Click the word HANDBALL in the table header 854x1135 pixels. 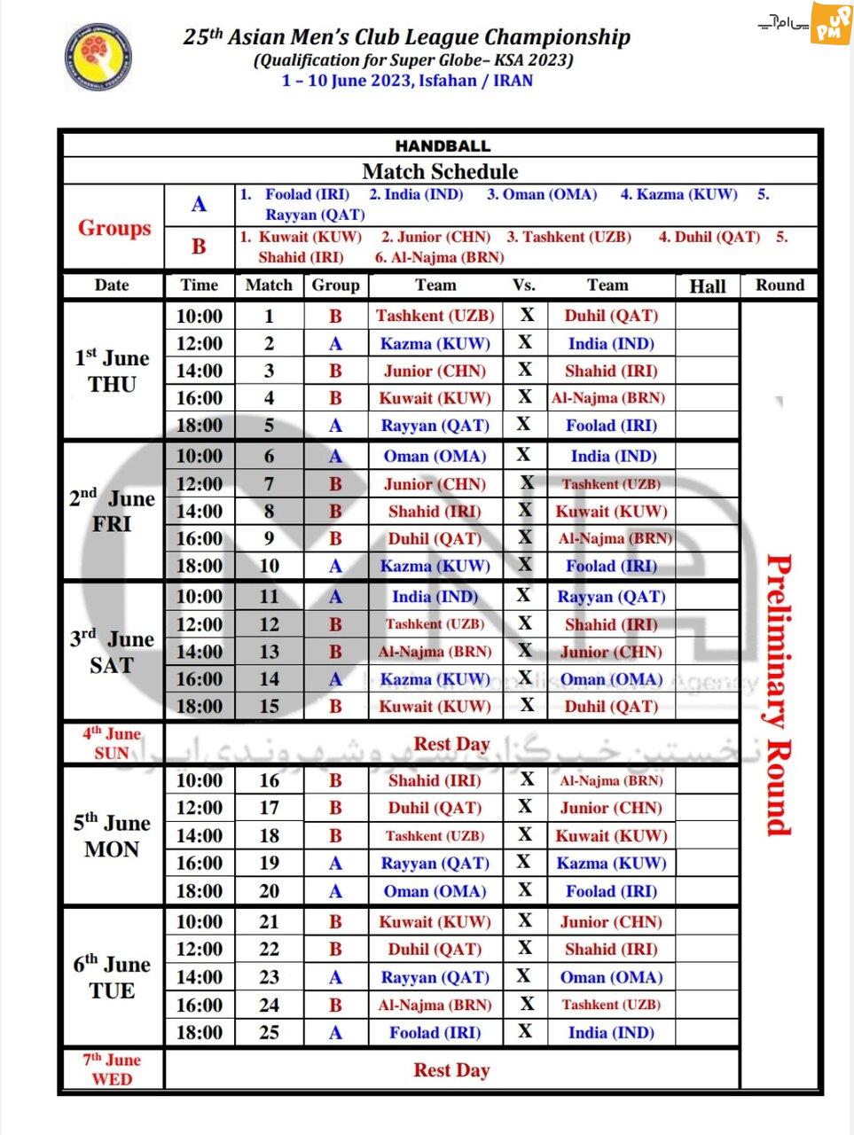[x=443, y=146]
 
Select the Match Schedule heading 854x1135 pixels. [x=440, y=171]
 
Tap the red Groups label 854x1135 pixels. [x=114, y=228]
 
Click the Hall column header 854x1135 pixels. [x=707, y=286]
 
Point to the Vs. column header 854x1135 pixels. [x=524, y=285]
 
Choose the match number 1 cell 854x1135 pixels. [x=269, y=316]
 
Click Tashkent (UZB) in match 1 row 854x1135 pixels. [x=435, y=316]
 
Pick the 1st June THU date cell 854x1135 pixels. [x=112, y=371]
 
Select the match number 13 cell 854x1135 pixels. [x=269, y=652]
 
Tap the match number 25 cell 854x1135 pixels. [x=269, y=1032]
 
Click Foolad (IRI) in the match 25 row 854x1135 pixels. [x=435, y=1032]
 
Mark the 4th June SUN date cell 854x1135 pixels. [x=112, y=743]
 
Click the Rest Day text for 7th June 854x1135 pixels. [x=451, y=1070]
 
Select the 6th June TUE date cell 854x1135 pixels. [x=112, y=977]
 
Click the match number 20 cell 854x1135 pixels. [x=269, y=891]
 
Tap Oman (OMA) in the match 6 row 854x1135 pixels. [x=435, y=456]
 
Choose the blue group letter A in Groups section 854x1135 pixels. [x=199, y=205]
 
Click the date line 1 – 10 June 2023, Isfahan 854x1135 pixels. [x=407, y=81]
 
